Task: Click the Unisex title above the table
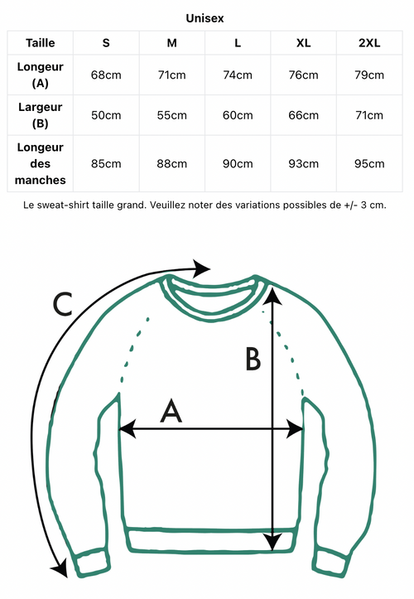205,18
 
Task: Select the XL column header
303,43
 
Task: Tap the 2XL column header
369,43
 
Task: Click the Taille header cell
40,43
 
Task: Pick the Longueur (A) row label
40,75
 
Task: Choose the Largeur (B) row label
40,115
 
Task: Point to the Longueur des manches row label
40,163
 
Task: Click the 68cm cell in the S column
106,75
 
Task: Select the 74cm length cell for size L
238,75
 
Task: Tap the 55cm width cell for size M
172,115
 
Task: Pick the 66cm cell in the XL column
303,115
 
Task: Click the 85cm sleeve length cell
106,164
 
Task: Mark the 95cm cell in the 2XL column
369,164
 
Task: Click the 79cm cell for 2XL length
369,75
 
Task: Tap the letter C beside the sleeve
62,304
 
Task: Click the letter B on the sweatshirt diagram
253,359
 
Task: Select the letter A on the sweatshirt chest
171,411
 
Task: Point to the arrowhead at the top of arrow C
201,268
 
